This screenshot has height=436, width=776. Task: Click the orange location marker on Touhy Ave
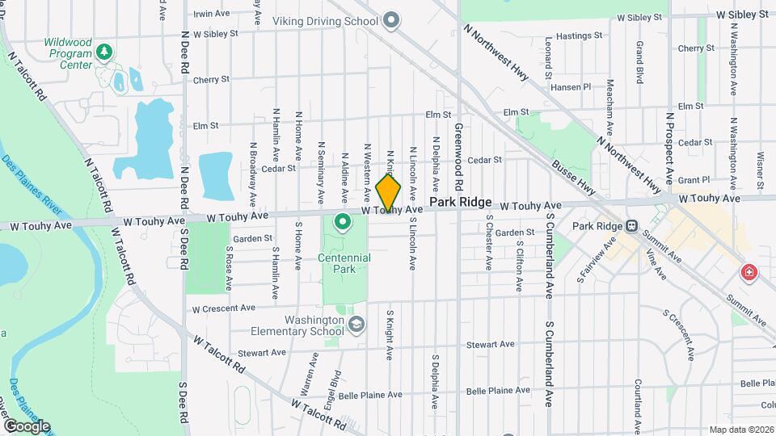[x=388, y=192]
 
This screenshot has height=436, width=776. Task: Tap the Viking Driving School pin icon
[x=391, y=20]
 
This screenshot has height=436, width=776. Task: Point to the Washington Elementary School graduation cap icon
[x=354, y=325]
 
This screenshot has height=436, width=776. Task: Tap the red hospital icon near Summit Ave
[x=749, y=273]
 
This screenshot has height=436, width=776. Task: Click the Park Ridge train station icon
[x=632, y=225]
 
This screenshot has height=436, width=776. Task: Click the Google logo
[x=27, y=426]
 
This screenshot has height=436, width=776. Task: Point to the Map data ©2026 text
[x=740, y=430]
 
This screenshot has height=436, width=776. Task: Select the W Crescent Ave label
[x=223, y=308]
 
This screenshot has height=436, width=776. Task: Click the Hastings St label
[x=575, y=36]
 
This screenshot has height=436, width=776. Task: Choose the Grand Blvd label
[x=639, y=62]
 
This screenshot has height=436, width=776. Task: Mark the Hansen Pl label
[x=571, y=86]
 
